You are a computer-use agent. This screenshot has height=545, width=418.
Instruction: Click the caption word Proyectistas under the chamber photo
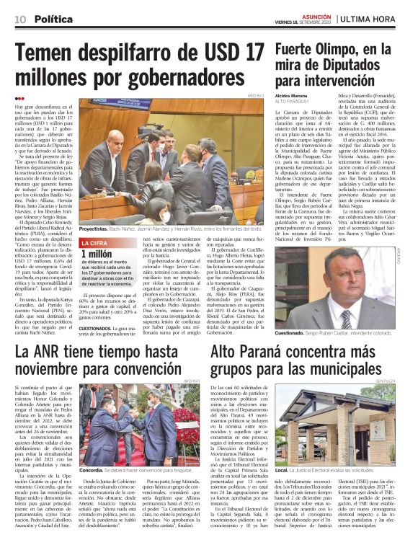pyautogui.click(x=94, y=228)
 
